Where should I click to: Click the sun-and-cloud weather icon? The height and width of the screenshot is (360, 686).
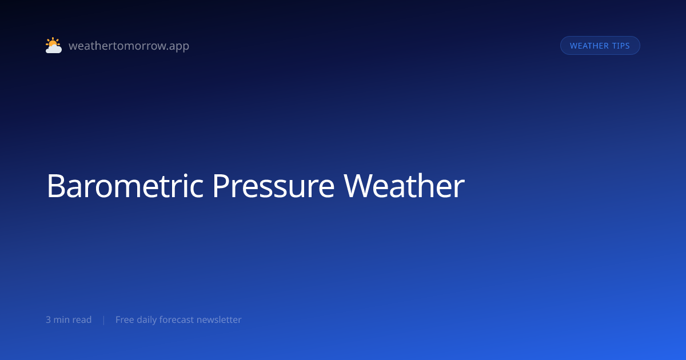(54, 45)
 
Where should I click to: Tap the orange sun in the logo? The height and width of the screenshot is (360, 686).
(53, 42)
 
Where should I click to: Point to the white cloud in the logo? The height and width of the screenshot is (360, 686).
(54, 49)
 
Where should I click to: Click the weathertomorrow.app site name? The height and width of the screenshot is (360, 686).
(129, 46)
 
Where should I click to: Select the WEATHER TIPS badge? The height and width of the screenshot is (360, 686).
(600, 46)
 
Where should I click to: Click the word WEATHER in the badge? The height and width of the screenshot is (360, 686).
(589, 46)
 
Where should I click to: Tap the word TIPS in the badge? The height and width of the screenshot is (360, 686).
(621, 46)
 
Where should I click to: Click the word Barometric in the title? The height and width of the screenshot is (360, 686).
(125, 186)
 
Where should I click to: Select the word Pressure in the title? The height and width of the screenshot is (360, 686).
(273, 186)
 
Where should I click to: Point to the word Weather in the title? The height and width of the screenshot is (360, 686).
(404, 186)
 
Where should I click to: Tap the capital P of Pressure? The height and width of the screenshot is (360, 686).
(221, 186)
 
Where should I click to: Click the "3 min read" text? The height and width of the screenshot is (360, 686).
(69, 319)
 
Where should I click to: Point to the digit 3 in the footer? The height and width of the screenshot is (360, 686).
(48, 320)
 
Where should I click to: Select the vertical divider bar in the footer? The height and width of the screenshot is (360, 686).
(104, 320)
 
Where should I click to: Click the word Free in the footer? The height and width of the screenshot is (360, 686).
(125, 319)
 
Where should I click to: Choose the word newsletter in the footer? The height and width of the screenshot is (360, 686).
(219, 319)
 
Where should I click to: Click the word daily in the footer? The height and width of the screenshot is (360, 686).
(147, 320)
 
